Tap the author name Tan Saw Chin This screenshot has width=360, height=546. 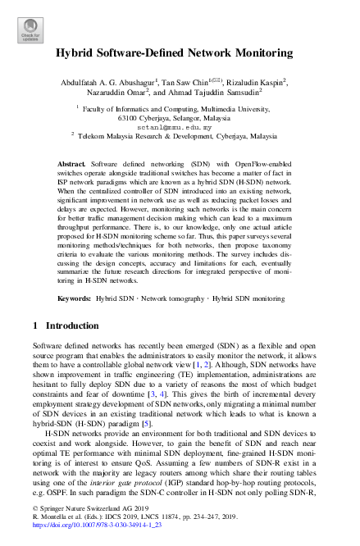pos(192,84)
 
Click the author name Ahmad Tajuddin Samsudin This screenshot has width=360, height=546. pos(214,94)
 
